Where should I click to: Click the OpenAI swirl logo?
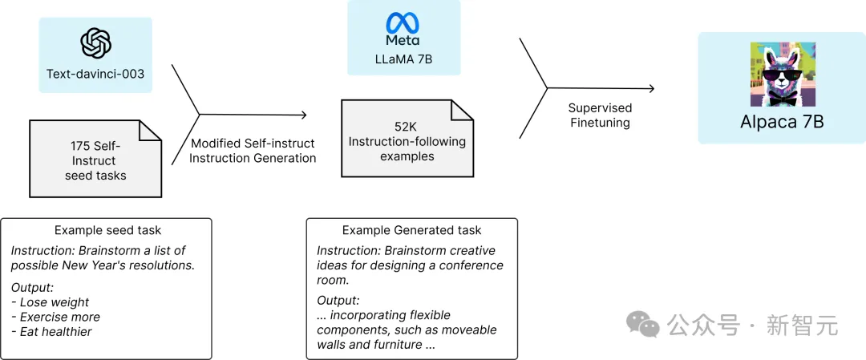pos(95,43)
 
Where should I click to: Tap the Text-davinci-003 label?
pos(95,74)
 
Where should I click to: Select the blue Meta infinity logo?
pos(403,22)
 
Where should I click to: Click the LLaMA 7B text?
pos(403,59)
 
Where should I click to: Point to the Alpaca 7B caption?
pos(782,122)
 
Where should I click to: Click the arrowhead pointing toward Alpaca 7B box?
pos(652,88)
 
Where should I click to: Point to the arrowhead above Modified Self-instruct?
pos(302,115)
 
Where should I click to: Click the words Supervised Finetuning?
pos(600,115)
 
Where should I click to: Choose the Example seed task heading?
pos(107,230)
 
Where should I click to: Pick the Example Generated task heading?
pos(411,230)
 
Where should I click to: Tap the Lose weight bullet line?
pos(51,302)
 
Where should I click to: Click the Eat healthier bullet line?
pos(51,332)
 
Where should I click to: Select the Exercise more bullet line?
pos(56,317)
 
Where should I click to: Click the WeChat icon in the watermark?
pos(642,323)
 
